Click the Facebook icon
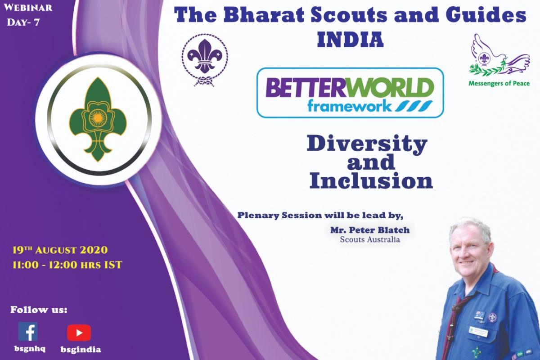(x=28, y=331)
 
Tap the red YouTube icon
(x=79, y=333)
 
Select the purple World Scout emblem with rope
(x=205, y=58)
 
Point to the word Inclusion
(x=371, y=181)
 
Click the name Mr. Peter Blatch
(x=370, y=230)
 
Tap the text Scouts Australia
(x=370, y=240)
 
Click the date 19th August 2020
(x=61, y=250)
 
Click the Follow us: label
(x=39, y=310)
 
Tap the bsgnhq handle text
(x=28, y=349)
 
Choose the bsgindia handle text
(x=81, y=349)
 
